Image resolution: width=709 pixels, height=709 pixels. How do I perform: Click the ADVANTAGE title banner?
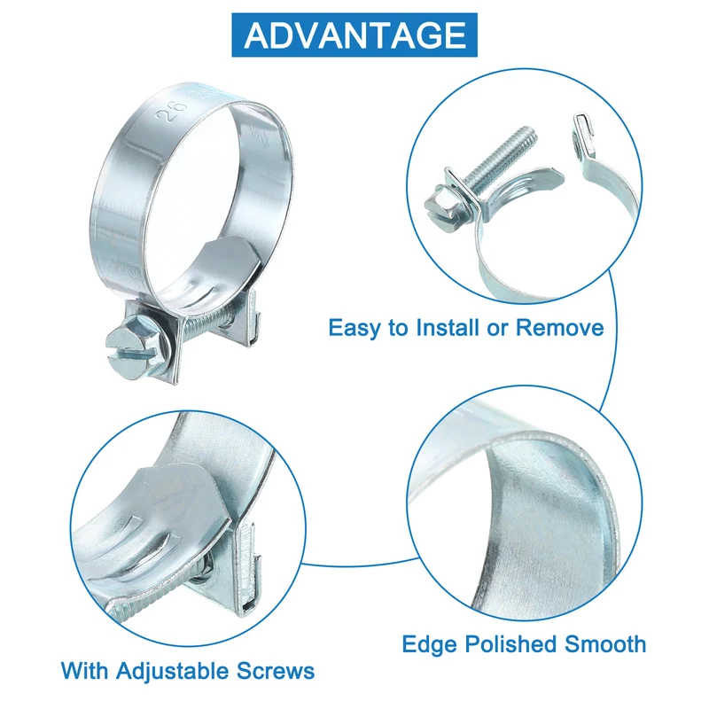coord(354,35)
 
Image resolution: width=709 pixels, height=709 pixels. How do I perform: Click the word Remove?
coord(560,327)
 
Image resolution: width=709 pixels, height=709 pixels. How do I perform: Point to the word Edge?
coord(429,645)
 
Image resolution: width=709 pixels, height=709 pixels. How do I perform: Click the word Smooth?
coord(605,644)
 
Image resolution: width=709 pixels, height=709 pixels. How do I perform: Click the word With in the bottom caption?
coord(84,671)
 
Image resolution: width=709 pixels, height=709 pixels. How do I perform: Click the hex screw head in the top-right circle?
coord(447,209)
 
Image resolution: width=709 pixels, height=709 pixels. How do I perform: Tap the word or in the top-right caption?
coord(497,329)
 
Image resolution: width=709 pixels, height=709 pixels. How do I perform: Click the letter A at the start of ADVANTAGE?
coord(257,35)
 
